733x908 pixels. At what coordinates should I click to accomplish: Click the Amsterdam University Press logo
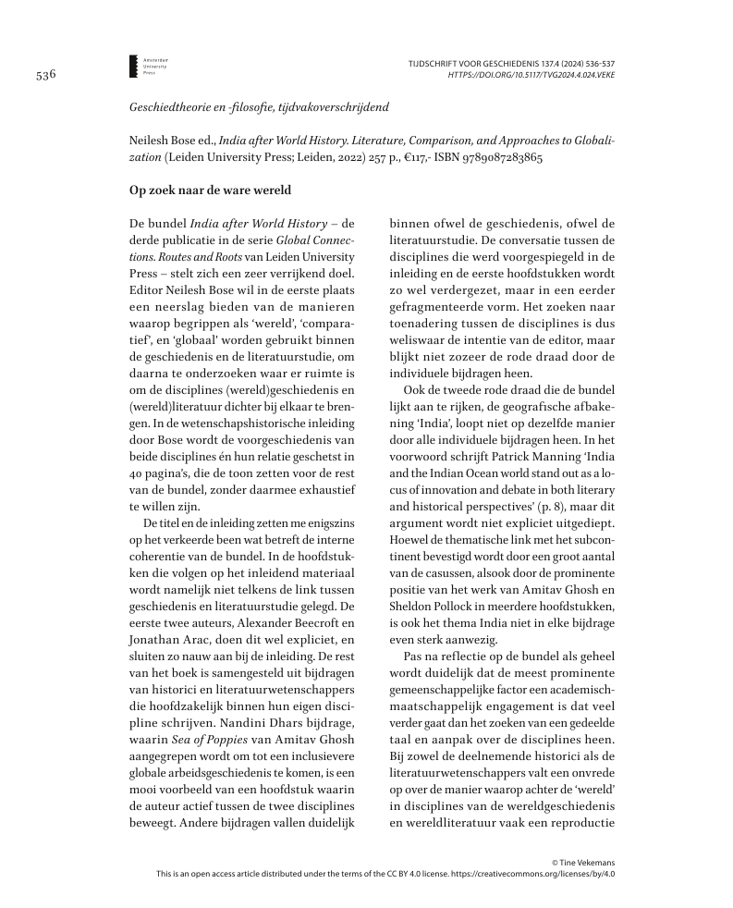(134, 65)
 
